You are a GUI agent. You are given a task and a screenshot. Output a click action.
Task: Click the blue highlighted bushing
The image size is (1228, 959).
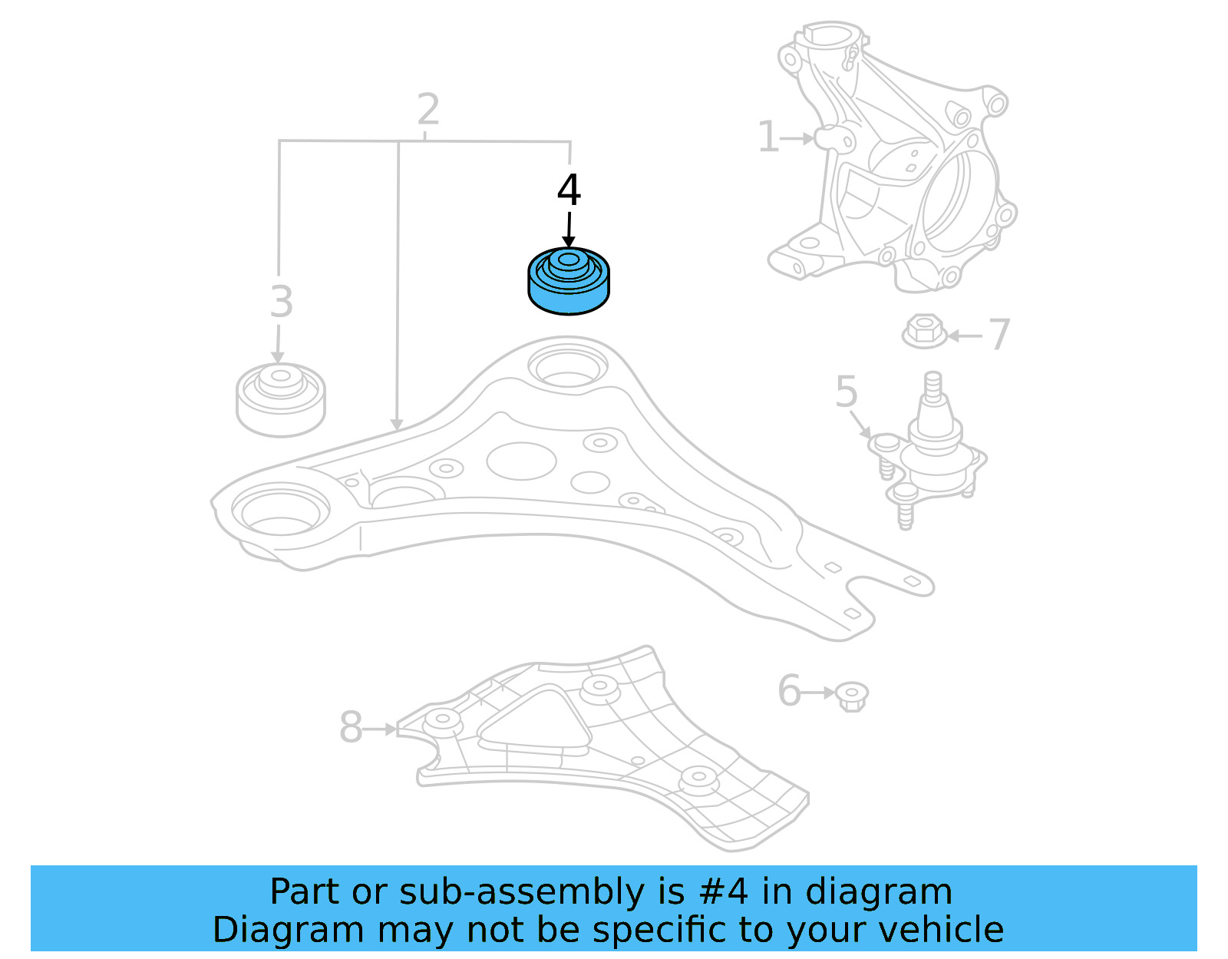click(x=569, y=282)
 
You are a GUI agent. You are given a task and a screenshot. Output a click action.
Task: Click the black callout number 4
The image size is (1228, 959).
click(x=569, y=190)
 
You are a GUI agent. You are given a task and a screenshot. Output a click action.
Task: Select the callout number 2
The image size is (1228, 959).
click(x=428, y=110)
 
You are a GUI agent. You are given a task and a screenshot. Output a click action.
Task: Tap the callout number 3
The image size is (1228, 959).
click(x=282, y=302)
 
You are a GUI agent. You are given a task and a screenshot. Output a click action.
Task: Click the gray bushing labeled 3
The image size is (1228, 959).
click(x=281, y=401)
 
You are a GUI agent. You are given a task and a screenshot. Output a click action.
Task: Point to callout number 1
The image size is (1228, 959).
click(x=768, y=137)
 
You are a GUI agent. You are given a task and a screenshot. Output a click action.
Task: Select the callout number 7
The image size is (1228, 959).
click(x=999, y=335)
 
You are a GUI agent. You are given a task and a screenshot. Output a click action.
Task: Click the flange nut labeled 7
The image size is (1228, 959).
click(x=925, y=331)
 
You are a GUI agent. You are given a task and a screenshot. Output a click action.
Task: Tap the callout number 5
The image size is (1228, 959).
click(x=846, y=392)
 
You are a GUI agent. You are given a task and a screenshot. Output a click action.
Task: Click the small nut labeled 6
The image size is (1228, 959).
click(x=851, y=695)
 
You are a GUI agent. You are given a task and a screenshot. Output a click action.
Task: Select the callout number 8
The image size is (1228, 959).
click(x=351, y=727)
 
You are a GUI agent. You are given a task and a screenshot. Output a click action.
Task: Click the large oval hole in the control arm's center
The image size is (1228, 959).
click(x=521, y=461)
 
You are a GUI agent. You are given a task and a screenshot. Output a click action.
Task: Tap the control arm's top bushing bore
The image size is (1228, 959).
click(x=567, y=367)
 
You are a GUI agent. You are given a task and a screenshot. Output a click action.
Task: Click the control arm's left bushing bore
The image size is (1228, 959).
click(x=280, y=511)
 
